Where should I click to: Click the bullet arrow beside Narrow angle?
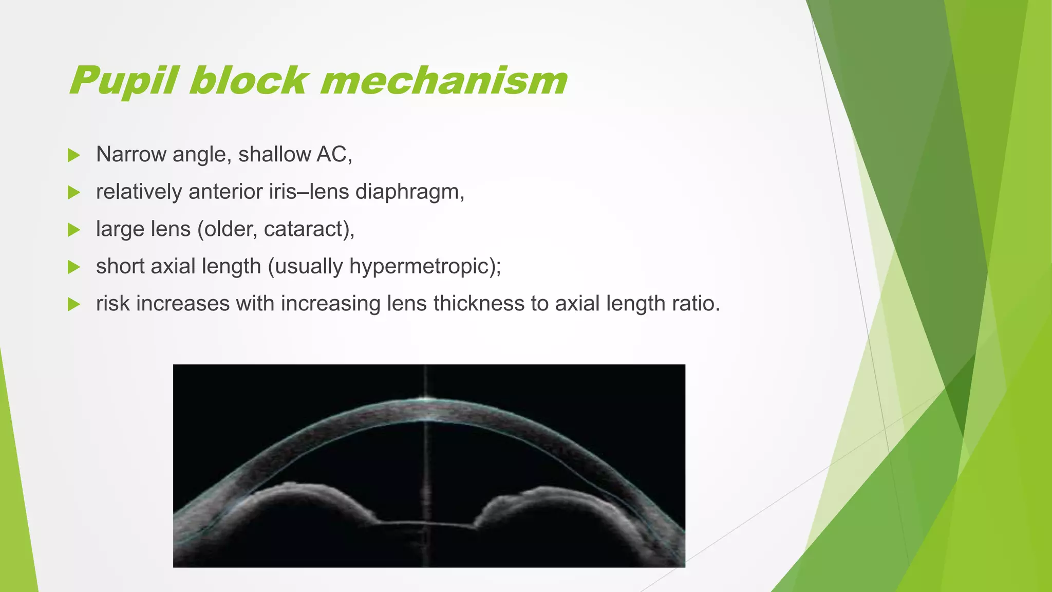coord(74,155)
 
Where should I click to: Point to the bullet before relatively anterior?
coord(74,193)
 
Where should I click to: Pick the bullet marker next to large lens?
coord(74,230)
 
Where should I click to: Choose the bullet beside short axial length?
coord(74,267)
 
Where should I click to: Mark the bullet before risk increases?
coord(74,304)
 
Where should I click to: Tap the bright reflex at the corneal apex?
coord(426,398)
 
